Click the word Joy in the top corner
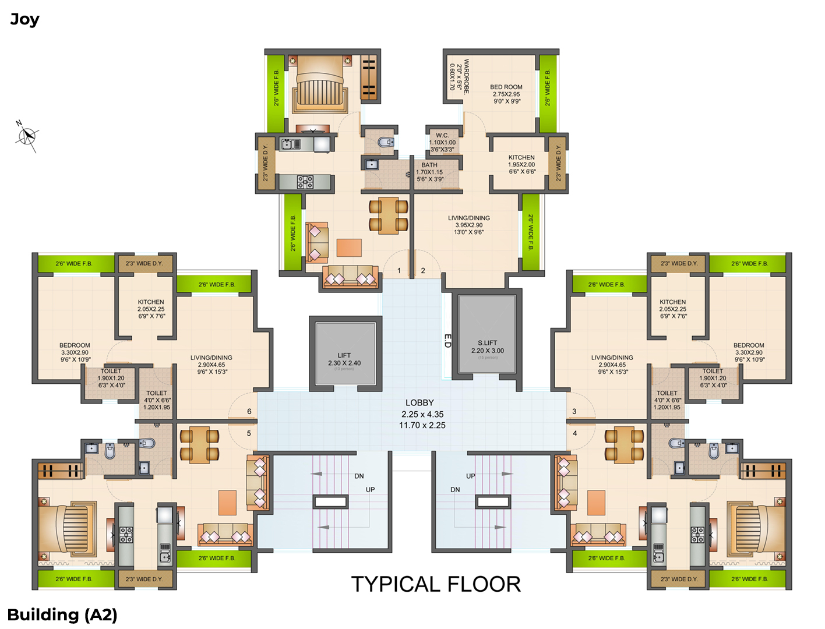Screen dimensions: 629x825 tap(24, 19)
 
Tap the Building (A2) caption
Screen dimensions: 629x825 tap(62, 614)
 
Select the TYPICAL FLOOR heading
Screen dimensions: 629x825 tap(436, 584)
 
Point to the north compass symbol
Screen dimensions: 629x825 tap(27, 136)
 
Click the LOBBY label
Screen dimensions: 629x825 tap(419, 402)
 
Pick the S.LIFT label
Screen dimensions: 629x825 tap(487, 343)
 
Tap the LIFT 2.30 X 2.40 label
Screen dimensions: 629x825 tap(344, 359)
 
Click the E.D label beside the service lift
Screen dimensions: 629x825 tap(447, 341)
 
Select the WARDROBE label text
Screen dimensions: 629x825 tap(466, 76)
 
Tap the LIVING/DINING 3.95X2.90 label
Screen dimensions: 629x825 tap(468, 225)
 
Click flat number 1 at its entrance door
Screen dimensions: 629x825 tap(399, 270)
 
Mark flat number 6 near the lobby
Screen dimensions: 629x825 tap(249, 411)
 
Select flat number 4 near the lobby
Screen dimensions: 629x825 tap(575, 433)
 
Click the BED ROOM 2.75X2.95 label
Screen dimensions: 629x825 tap(506, 94)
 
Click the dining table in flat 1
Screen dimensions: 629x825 tap(389, 215)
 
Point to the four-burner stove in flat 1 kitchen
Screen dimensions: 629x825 tap(305, 182)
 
